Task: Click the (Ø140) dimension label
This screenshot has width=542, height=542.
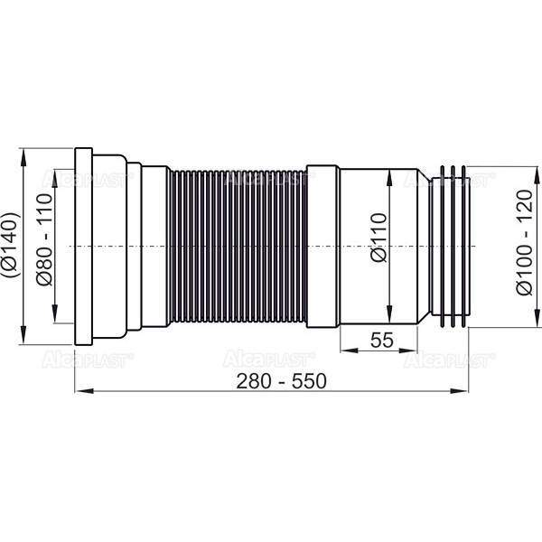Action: pos(11,246)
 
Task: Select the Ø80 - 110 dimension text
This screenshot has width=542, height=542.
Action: pos(45,239)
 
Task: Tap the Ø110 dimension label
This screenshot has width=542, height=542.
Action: pos(378,238)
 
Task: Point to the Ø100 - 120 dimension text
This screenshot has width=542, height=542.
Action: pos(524,242)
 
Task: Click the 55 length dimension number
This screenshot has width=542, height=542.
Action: pos(381,340)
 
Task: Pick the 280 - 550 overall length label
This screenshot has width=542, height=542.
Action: pos(281,381)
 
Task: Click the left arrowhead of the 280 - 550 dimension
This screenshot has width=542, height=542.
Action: pos(84,391)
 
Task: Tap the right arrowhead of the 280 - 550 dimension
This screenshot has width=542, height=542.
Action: pos(459,391)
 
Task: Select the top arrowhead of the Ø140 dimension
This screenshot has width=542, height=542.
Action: pos(23,157)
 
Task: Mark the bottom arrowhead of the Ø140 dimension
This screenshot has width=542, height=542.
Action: pos(23,334)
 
